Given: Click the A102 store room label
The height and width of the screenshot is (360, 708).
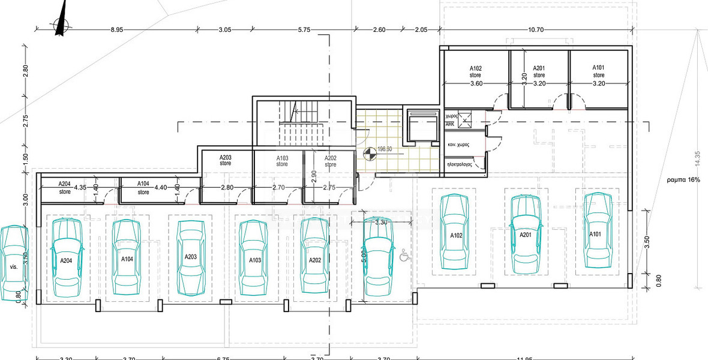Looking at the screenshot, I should tap(476, 72).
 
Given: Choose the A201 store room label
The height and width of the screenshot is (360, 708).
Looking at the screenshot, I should tap(539, 72).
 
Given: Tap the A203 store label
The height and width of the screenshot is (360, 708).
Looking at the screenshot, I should tap(226, 160).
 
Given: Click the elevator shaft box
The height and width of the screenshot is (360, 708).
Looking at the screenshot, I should tap(419, 127).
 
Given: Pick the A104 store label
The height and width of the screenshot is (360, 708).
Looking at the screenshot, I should tap(143, 188).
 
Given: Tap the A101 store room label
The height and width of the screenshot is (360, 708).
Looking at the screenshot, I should tap(598, 71).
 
